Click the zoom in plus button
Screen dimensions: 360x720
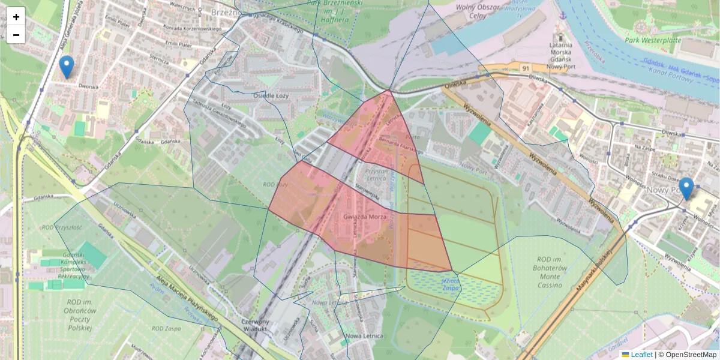[16, 17]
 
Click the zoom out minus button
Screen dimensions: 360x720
[16, 35]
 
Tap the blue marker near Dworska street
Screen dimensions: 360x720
[67, 67]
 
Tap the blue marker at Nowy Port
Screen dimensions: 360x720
[686, 188]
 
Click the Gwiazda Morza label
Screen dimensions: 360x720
[365, 216]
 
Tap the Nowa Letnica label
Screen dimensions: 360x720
[364, 336]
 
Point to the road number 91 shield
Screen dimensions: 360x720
[526, 68]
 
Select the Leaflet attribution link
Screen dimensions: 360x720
[641, 355]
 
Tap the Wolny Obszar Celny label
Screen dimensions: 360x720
[479, 13]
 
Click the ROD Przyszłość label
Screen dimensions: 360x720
[62, 227]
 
